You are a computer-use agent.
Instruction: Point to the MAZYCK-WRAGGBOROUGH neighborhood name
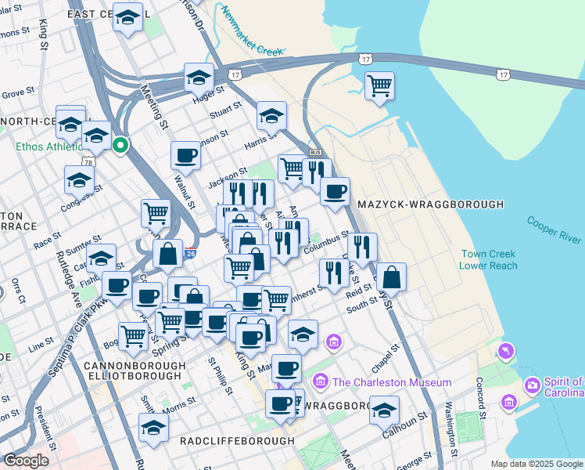pos(430,204)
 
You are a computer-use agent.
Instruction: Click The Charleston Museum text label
pos(392,382)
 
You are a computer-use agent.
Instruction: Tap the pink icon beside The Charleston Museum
pos(320,381)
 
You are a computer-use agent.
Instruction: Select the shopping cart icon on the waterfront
pos(379,85)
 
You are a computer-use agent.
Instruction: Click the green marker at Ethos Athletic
pos(120,146)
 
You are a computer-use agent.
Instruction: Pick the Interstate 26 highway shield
pos(191,254)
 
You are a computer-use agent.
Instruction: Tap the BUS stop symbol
pos(315,152)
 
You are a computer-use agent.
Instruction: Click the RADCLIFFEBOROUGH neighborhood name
pos(237,441)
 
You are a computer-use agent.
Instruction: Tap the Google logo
pos(26,461)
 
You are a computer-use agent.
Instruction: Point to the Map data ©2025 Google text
pos(537,464)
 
